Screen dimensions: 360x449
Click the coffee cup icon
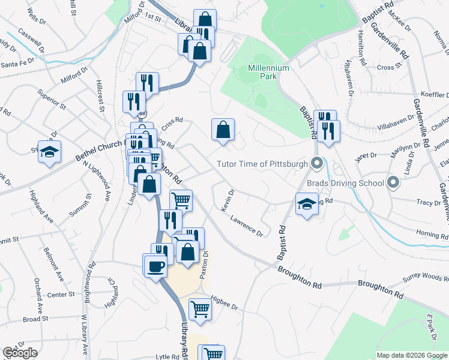(x=155, y=265)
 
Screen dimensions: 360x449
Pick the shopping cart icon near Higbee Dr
(x=200, y=309)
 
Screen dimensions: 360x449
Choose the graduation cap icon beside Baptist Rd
(x=307, y=203)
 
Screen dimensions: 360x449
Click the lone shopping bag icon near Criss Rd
(x=223, y=129)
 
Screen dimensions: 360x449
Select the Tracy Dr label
(x=429, y=203)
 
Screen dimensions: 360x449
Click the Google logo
(x=20, y=353)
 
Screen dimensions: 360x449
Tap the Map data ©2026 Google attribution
(x=412, y=355)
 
